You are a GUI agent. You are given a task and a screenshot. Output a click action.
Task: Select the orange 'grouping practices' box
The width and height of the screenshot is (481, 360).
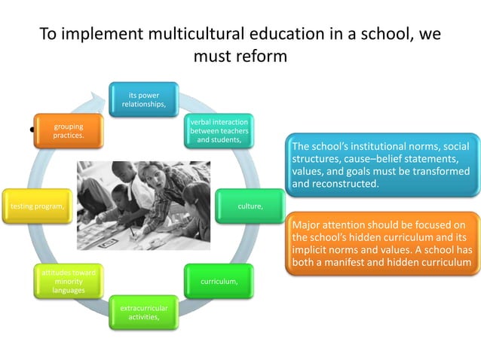68,131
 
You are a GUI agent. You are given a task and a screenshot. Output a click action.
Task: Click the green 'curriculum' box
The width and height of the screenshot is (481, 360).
219,281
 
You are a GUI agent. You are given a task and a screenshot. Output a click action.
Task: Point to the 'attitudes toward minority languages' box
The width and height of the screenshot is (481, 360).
68,280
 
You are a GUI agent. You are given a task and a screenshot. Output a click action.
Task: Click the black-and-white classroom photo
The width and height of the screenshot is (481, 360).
144,206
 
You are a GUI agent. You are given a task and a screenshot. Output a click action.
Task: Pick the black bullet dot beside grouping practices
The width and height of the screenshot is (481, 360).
33,130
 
